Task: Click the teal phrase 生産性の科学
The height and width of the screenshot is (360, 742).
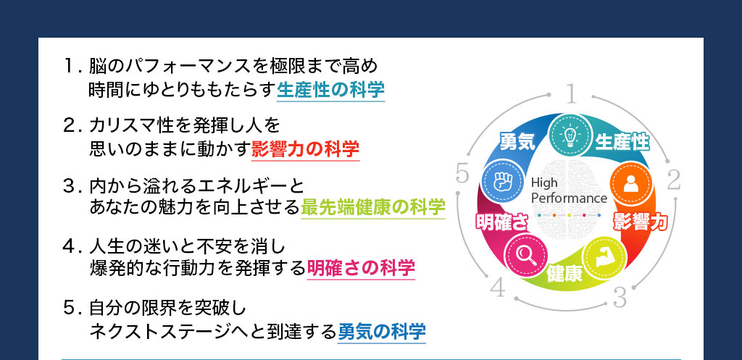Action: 330,90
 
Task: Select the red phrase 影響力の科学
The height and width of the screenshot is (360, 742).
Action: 305,149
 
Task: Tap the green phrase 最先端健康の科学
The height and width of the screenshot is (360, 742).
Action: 373,208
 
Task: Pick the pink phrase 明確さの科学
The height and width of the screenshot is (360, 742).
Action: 361,268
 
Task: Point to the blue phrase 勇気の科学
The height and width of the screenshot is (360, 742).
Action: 381,332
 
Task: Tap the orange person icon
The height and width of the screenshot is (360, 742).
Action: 631,183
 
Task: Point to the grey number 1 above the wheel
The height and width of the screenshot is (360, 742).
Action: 571,93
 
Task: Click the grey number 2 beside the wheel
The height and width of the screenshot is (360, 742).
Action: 673,180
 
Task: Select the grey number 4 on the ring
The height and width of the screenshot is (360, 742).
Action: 498,288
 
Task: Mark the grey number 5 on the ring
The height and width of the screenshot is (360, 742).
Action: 462,174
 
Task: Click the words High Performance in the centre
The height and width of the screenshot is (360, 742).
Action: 569,191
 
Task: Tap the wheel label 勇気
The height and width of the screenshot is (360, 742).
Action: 517,141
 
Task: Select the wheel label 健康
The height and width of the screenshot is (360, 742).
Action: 564,275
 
